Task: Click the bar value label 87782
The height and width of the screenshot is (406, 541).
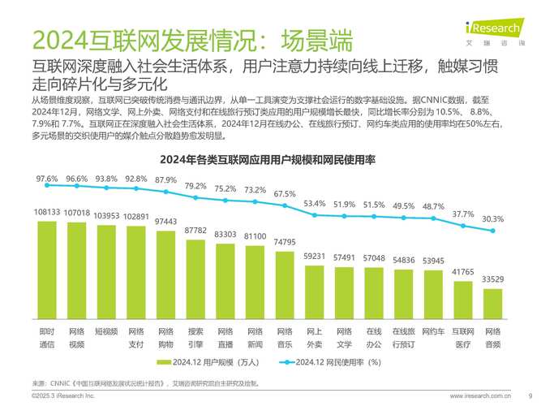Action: click(195, 231)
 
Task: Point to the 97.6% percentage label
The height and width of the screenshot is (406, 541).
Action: click(47, 178)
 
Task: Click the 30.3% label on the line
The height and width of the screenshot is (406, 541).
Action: click(492, 218)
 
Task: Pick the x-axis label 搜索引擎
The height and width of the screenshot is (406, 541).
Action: click(195, 337)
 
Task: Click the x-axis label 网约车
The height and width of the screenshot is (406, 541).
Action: click(433, 331)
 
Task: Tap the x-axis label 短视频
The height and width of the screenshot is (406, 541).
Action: click(106, 331)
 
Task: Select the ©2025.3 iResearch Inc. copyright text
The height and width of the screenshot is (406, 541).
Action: click(63, 395)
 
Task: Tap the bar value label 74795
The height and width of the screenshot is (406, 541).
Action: click(285, 242)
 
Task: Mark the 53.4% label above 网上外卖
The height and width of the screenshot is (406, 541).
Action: click(315, 203)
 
